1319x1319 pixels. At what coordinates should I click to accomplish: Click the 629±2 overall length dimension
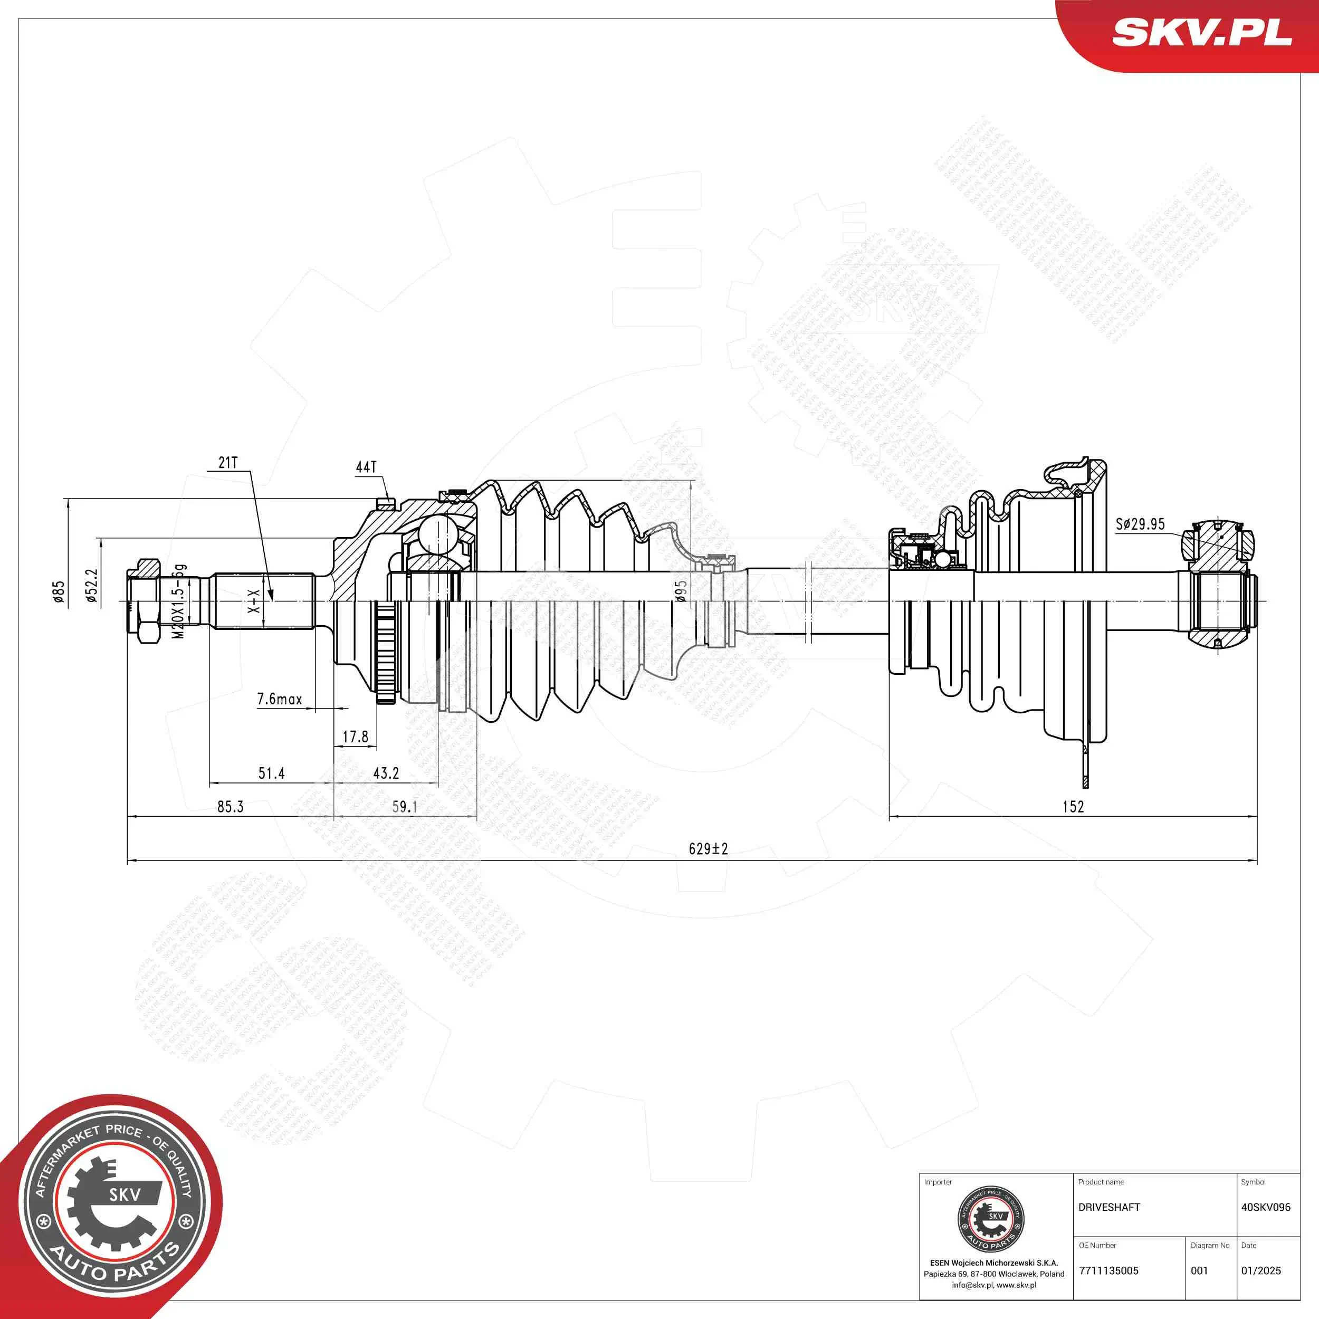(x=708, y=848)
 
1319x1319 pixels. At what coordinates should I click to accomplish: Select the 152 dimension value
(x=1073, y=806)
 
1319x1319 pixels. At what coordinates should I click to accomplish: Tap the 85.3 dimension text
(x=230, y=806)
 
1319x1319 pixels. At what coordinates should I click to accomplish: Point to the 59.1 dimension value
(x=404, y=806)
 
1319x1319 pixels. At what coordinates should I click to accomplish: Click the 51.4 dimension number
(x=271, y=773)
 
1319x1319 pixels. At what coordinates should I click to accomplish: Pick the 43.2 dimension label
(x=386, y=773)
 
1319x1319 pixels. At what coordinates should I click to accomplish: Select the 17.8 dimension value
(x=355, y=737)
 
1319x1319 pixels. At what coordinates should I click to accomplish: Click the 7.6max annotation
(x=279, y=699)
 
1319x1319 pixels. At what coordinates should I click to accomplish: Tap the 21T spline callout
(x=228, y=463)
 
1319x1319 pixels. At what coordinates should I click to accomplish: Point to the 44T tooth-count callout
(x=366, y=467)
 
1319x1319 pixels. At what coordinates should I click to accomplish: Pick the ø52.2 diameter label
(x=91, y=587)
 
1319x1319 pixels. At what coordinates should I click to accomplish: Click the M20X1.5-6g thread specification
(x=179, y=601)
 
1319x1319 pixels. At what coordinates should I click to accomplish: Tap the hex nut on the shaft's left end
(x=145, y=601)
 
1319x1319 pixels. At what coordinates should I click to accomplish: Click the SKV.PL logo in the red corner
(x=1201, y=33)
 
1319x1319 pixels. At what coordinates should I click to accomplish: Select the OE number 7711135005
(x=1108, y=1270)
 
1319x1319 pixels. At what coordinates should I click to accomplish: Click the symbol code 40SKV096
(x=1266, y=1207)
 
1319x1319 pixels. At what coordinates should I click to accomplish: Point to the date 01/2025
(x=1261, y=1270)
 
